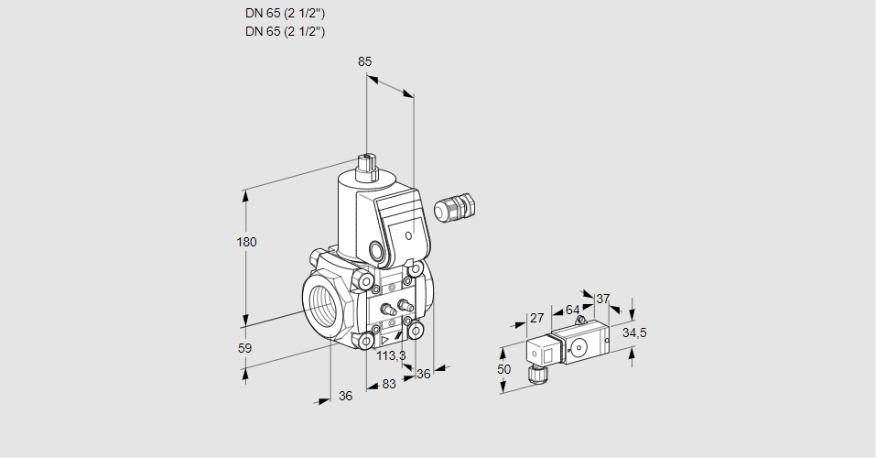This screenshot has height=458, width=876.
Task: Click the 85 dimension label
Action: (x=364, y=61)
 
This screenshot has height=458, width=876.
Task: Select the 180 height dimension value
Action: (x=247, y=242)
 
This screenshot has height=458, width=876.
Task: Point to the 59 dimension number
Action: (x=244, y=348)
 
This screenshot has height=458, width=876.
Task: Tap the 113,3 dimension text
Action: (x=391, y=356)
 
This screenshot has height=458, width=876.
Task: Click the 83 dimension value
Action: (x=389, y=384)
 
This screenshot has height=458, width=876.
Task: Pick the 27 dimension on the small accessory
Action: (x=537, y=319)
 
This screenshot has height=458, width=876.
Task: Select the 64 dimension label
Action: (x=572, y=310)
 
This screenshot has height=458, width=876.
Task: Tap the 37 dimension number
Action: (x=602, y=299)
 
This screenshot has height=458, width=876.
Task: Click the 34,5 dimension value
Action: (x=634, y=333)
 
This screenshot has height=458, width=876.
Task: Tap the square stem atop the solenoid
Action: (x=368, y=166)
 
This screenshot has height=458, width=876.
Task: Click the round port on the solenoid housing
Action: (x=376, y=250)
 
